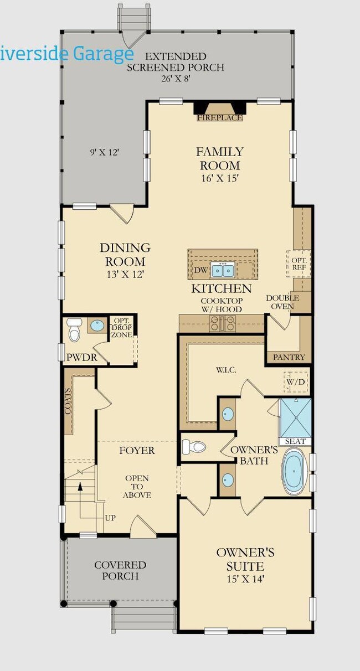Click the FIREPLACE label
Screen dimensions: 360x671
pos(220,118)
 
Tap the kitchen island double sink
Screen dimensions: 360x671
pos(223,271)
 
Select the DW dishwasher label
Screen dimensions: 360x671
pos(201,270)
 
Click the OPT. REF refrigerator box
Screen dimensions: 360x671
pos(299,264)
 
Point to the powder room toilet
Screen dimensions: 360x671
pos(74,330)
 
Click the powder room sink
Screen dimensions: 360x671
pos(97,326)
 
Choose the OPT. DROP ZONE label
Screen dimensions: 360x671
pos(121,327)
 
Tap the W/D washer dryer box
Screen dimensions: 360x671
pos(296,382)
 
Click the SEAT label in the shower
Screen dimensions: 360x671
pos(295,441)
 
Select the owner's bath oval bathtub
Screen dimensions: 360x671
pos(294,471)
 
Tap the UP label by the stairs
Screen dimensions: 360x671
pos(110,518)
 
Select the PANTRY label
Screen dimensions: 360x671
pos(289,357)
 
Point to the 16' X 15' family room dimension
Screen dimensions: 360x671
pos(220,178)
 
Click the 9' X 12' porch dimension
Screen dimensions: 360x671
pos(105,152)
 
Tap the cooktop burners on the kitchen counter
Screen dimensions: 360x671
pos(223,323)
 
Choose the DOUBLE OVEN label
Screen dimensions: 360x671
pos(282,302)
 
